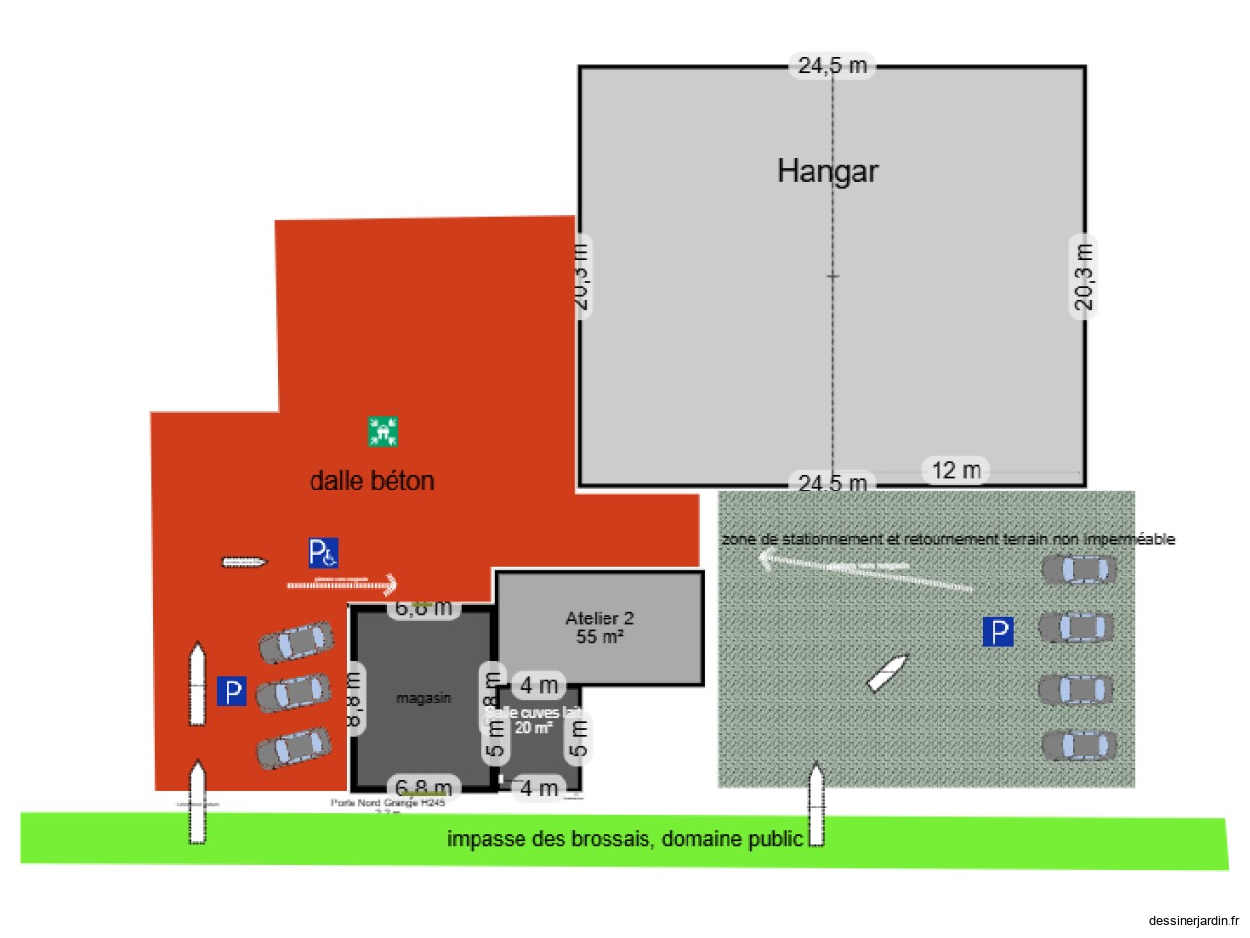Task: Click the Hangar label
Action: click(x=827, y=171)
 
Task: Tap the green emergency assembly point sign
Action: click(x=383, y=431)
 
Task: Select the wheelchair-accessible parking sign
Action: click(x=323, y=553)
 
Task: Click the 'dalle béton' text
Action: click(x=371, y=481)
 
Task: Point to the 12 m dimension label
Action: click(x=956, y=470)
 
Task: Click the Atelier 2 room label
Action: click(x=600, y=627)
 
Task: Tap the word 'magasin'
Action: click(x=424, y=698)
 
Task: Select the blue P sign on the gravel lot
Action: click(x=997, y=632)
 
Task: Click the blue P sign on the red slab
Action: click(x=231, y=692)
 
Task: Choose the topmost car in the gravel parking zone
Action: click(x=1078, y=569)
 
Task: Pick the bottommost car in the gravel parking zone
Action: click(x=1079, y=746)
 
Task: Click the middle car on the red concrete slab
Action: click(x=293, y=693)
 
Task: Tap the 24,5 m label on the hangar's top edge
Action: click(x=832, y=65)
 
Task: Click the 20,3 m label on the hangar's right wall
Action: click(x=1083, y=277)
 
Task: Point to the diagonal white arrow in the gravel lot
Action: click(x=888, y=672)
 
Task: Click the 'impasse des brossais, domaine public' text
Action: click(x=625, y=838)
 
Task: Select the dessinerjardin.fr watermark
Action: click(x=1193, y=920)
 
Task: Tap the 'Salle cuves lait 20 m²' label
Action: click(x=533, y=720)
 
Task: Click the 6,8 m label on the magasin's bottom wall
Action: click(x=424, y=788)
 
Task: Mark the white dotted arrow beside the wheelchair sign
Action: click(x=342, y=584)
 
